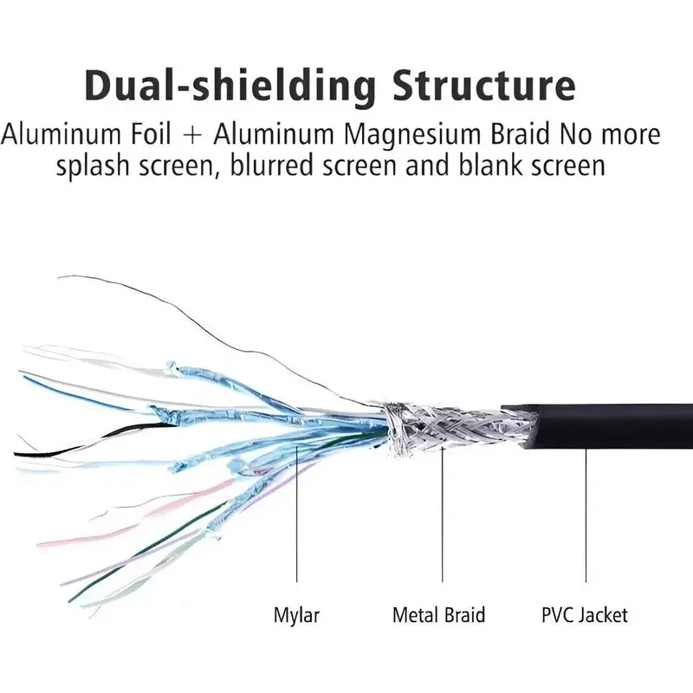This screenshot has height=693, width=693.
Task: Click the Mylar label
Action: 296,616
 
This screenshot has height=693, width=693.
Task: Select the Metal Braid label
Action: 438,616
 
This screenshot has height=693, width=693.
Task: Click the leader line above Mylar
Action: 297,520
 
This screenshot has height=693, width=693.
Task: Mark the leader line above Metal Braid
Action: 443,520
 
